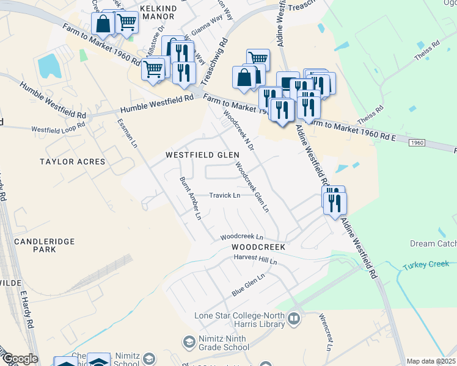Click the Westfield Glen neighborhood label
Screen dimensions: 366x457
(202, 156)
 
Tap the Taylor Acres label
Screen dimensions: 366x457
(72, 162)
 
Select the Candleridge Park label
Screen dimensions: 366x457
(44, 245)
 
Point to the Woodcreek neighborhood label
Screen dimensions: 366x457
(258, 246)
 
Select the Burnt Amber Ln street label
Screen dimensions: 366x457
(189, 198)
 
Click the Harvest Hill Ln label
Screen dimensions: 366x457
(255, 260)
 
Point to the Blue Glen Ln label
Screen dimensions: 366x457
(248, 285)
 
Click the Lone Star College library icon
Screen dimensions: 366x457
(294, 319)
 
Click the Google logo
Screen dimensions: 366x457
(20, 359)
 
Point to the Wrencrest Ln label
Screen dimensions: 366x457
(325, 333)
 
